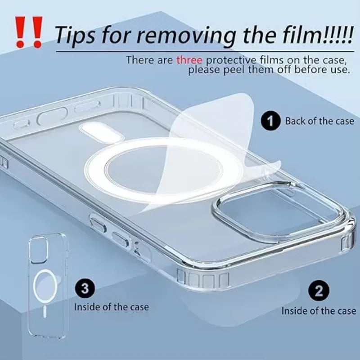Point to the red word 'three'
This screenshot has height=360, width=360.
tap(189, 59)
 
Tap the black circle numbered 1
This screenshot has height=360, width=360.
tap(270, 121)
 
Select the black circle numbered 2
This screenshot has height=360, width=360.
tap(319, 290)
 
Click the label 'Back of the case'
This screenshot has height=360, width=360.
tap(319, 121)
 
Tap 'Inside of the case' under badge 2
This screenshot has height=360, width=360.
tap(319, 310)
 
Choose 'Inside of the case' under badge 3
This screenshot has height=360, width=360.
tap(111, 307)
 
